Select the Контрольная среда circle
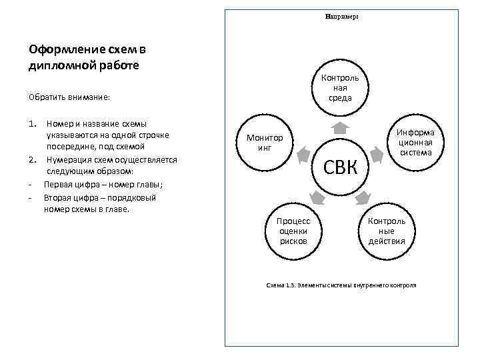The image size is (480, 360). click(340, 88)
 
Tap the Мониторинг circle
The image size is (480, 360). click(265, 143)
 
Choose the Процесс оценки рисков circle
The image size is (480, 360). click(293, 230)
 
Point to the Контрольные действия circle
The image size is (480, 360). click(387, 230)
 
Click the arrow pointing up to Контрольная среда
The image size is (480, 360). click(340, 127)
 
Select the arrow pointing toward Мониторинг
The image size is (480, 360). click(303, 154)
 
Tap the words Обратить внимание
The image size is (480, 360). click(69, 98)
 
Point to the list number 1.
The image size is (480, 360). click(33, 124)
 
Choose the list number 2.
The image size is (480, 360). click(33, 159)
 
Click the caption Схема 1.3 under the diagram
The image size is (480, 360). click(341, 285)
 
